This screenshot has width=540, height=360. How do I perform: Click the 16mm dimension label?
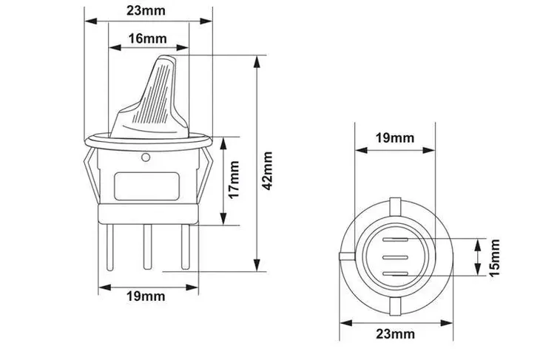click(146, 38)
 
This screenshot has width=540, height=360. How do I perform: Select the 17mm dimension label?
click(234, 181)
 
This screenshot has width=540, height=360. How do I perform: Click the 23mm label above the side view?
click(146, 11)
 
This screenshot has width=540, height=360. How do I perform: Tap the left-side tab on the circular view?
click(342, 257)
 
